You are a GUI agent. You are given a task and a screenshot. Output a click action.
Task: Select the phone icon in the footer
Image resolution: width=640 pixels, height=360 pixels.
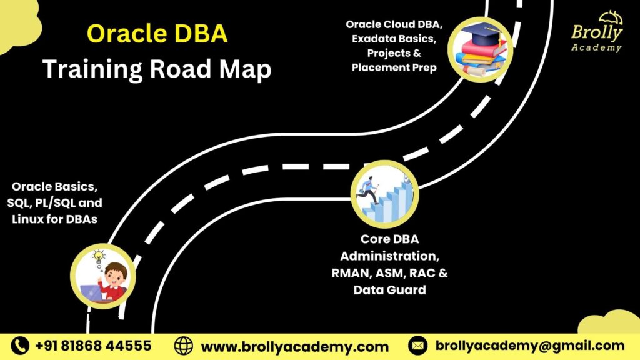coord(21,346)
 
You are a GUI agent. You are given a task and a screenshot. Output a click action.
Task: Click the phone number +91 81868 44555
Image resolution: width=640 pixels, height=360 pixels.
coord(93,346)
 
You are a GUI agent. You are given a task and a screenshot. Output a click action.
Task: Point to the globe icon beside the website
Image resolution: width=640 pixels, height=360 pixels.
coord(184,346)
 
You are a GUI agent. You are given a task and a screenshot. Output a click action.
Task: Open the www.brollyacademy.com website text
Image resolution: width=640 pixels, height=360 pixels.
coord(294,346)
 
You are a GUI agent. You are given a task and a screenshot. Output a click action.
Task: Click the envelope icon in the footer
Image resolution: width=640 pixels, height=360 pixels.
coord(417,346)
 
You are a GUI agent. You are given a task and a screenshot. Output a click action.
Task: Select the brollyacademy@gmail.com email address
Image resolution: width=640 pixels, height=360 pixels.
coord(529,346)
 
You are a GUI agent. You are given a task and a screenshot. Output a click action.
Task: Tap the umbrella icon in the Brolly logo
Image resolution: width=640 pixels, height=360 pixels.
coord(611,17)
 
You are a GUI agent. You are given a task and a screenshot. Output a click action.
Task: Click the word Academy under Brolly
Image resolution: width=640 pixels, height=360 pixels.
coord(596,47)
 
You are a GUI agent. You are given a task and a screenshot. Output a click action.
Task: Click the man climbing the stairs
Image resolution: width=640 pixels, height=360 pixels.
coord(369,190)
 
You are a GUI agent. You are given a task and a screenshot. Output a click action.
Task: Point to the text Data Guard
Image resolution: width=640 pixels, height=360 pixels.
coord(389,290)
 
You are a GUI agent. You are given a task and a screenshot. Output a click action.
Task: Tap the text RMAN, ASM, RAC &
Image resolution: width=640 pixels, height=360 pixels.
coord(390,273)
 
